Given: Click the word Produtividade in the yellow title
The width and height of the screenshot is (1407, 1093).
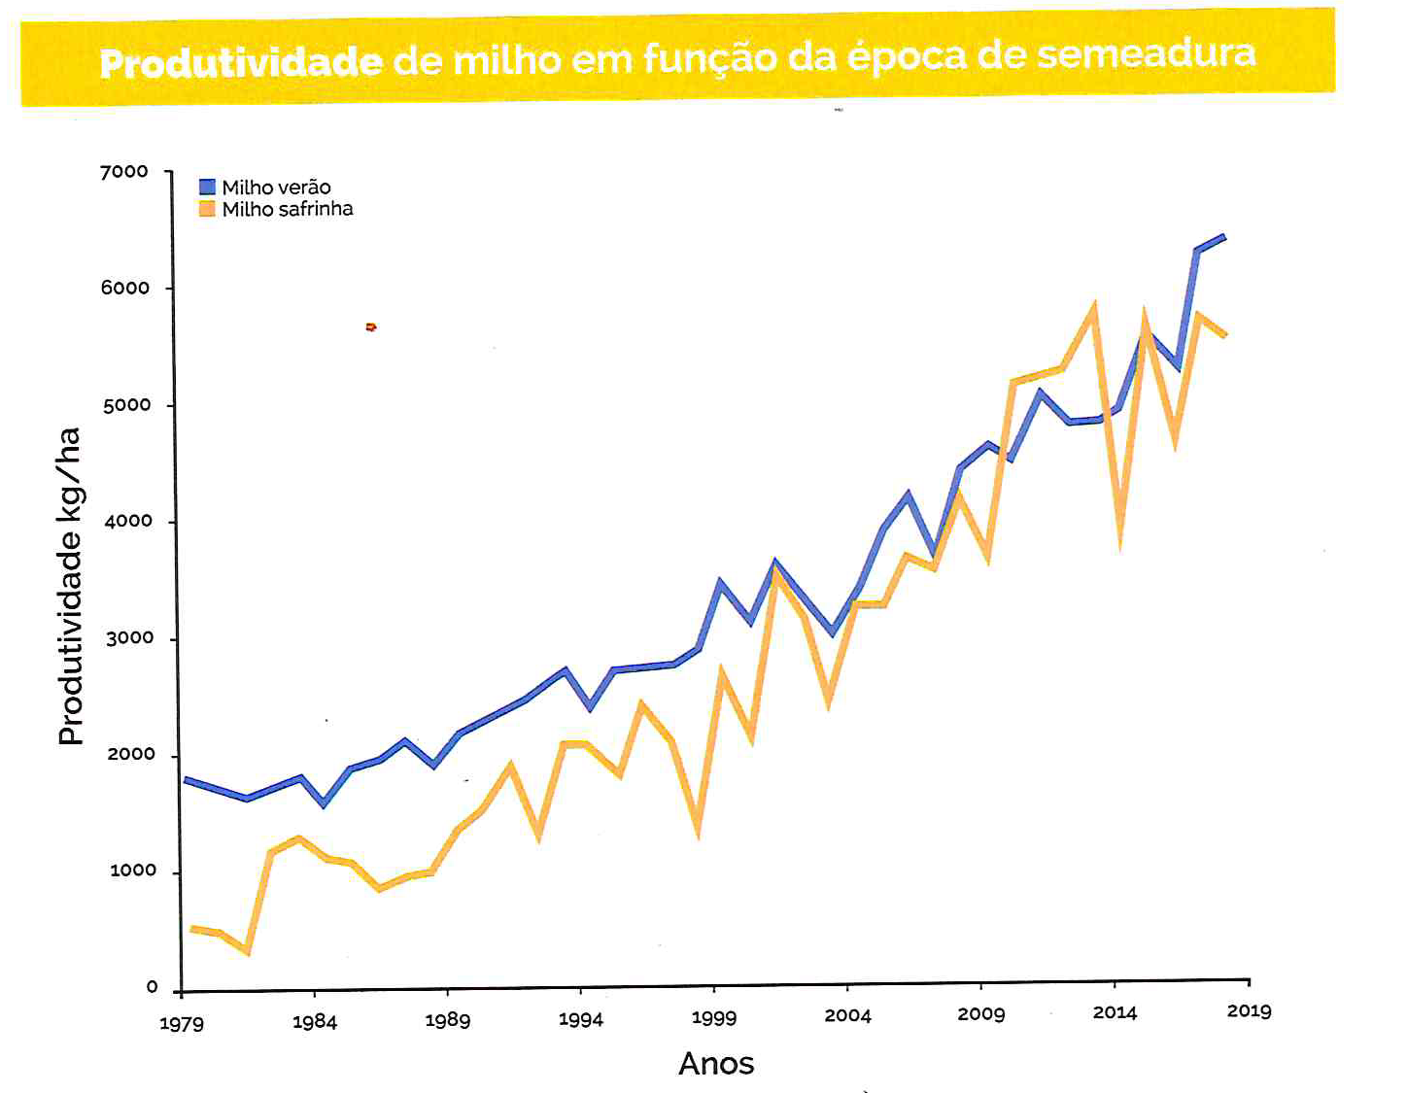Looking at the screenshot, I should pos(241,63).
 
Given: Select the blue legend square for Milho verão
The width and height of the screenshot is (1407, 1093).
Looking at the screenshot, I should pos(207,187).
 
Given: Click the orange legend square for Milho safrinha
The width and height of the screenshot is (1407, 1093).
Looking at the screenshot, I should pos(207,209).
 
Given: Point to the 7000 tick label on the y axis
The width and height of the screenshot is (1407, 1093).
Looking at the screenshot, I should pos(124,172).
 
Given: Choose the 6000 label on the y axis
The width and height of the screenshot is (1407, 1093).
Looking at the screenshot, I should pos(125,288).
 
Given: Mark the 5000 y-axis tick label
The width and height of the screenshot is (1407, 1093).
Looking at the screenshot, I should pos(127,405).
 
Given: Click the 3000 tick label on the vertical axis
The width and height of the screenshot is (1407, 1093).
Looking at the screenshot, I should pos(130,638).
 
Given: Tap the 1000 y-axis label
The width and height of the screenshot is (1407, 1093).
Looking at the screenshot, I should pos(133,871).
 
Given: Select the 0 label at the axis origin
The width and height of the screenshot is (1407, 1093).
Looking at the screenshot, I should pos(152,987).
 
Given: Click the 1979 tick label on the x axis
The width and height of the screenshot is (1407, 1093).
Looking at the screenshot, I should pos(182,1023).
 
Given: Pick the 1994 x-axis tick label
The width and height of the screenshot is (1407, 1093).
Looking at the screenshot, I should pos(581,1019).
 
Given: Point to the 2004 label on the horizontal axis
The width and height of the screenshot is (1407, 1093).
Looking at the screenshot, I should pos(847,1015).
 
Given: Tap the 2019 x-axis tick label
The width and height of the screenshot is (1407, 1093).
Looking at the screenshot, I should pos(1249,1011).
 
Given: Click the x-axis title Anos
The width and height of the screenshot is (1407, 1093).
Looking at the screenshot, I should pos(716,1064).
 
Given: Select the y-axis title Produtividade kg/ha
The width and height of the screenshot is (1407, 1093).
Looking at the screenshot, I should pos(70,586).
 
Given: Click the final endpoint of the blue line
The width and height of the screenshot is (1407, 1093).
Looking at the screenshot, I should pos(1223,236).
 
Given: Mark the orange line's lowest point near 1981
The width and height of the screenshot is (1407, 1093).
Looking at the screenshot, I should pos(248,952).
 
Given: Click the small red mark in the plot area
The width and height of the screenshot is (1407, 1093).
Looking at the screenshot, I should pos(371,327).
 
